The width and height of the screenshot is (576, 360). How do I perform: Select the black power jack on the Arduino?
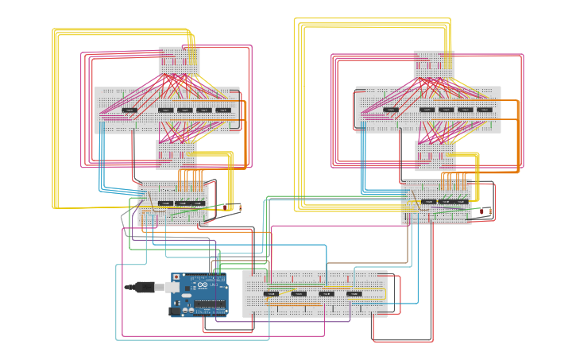pyautogui.click(x=175, y=311)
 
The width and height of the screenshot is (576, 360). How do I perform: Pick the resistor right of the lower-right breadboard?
pyautogui.click(x=480, y=211)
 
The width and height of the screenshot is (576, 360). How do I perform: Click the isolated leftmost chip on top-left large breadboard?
pyautogui.click(x=130, y=110)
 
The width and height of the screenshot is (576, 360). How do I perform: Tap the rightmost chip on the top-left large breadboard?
pyautogui.click(x=223, y=110)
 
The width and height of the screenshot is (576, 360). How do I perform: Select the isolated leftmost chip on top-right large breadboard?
pyautogui.click(x=390, y=110)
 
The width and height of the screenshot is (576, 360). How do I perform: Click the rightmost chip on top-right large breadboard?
pyautogui.click(x=485, y=110)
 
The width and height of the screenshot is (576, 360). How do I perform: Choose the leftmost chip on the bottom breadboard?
pyautogui.click(x=271, y=294)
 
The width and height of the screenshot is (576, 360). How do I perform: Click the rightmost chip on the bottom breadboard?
pyautogui.click(x=354, y=294)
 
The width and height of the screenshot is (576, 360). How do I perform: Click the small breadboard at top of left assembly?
pyautogui.click(x=179, y=60)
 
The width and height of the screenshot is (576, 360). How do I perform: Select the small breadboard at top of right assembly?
pyautogui.click(x=434, y=64)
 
